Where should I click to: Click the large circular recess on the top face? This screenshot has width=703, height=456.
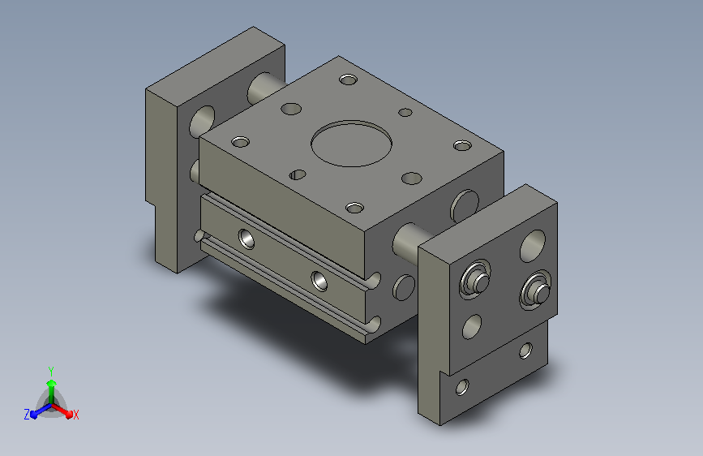point(352,143)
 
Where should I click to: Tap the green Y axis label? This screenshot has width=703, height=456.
point(51,371)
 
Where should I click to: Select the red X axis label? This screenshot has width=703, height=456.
point(75,415)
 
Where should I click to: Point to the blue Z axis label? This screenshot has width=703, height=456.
point(27,415)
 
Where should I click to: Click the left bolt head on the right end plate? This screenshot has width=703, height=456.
point(476,279)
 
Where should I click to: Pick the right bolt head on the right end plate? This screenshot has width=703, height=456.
point(536,290)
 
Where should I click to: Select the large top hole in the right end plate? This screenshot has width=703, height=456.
point(533,246)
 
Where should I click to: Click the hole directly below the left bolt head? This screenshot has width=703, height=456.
point(472,326)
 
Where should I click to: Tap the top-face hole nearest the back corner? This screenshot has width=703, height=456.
point(348,80)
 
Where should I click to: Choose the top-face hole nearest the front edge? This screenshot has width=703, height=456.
point(354,208)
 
